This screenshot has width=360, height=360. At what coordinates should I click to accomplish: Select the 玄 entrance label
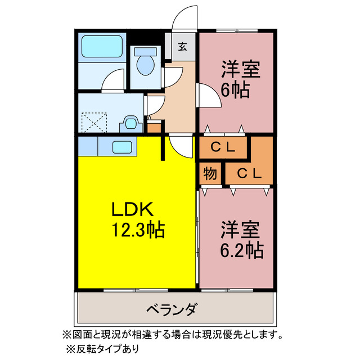[x=183, y=47]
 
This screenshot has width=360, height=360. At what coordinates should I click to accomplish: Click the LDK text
[x=132, y=210]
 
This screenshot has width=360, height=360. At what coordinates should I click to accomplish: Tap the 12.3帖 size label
[x=138, y=230]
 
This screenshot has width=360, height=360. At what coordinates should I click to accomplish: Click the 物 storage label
[x=210, y=174]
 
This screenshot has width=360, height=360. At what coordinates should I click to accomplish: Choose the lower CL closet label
[x=248, y=174]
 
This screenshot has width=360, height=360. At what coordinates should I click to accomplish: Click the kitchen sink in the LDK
[x=123, y=147]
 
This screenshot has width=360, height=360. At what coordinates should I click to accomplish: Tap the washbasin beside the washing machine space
[x=131, y=123]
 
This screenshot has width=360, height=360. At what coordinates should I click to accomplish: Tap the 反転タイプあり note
[x=102, y=348]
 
